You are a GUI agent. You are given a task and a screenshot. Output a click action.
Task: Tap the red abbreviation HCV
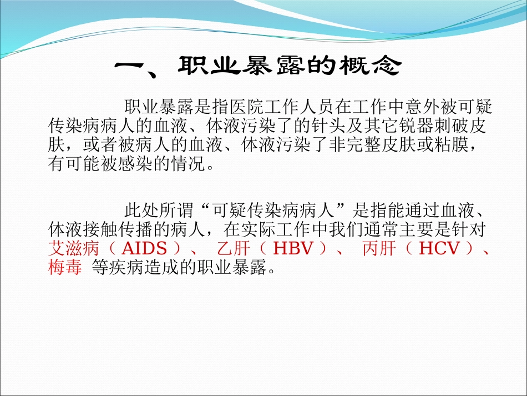click(439, 248)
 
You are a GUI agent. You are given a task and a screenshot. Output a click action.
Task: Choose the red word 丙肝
click(379, 248)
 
